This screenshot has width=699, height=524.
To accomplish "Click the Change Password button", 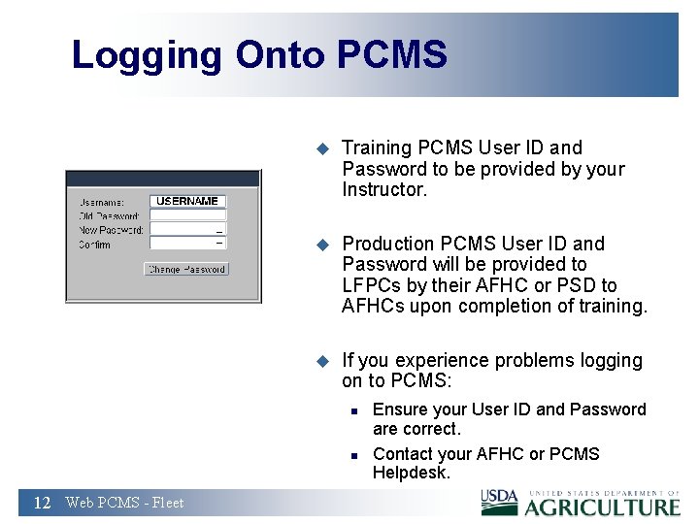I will coord(186,269).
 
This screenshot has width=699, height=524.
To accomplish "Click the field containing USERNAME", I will coord(187,201).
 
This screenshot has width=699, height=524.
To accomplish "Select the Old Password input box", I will coord(187,215).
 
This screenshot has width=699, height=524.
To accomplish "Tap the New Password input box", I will coord(187,230).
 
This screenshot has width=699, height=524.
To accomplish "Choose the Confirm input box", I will coord(187,244).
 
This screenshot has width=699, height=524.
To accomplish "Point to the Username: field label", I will coord(102,202).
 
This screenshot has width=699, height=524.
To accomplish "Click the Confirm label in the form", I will coord(95,245).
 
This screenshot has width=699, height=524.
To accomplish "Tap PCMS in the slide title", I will coord(392,54).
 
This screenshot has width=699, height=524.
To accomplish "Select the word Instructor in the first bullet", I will coord(384,190).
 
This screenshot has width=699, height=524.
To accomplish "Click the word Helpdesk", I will coord(412,473).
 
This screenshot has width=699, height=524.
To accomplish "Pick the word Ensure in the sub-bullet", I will coord(401,409).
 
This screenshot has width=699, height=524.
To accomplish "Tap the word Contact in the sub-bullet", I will coord(403,454).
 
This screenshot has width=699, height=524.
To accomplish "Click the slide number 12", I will coord(42,503).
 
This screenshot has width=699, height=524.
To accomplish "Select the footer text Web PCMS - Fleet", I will coord(124,503).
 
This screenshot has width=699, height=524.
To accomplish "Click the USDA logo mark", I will coord(500,500).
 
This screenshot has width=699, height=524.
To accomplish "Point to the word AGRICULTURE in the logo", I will coord(602,507).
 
